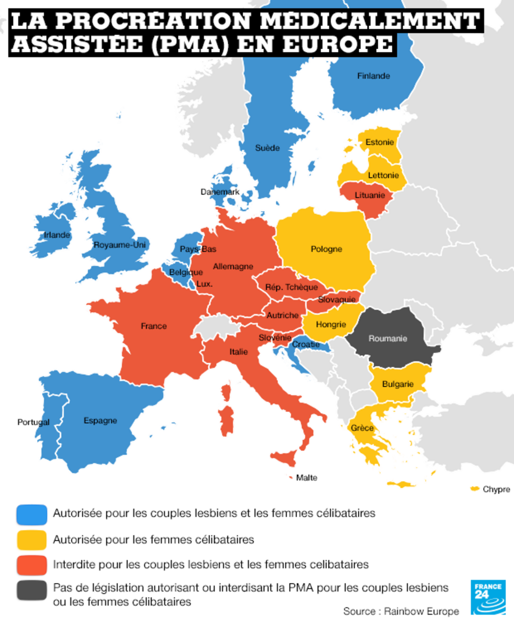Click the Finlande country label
(x=373, y=76)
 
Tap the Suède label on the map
(x=267, y=148)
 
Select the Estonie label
(x=380, y=142)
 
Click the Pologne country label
(x=326, y=249)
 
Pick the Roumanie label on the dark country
(x=388, y=338)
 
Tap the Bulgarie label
(x=398, y=384)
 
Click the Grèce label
(x=362, y=428)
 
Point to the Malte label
(x=306, y=478)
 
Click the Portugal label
(x=33, y=422)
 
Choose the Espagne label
(x=100, y=420)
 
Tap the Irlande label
(x=57, y=235)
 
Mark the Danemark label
(x=220, y=192)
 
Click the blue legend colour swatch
(x=32, y=514)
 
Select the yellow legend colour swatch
(x=32, y=540)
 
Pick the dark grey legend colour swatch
(x=32, y=591)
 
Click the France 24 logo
(x=488, y=597)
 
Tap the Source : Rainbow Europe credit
(x=401, y=611)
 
